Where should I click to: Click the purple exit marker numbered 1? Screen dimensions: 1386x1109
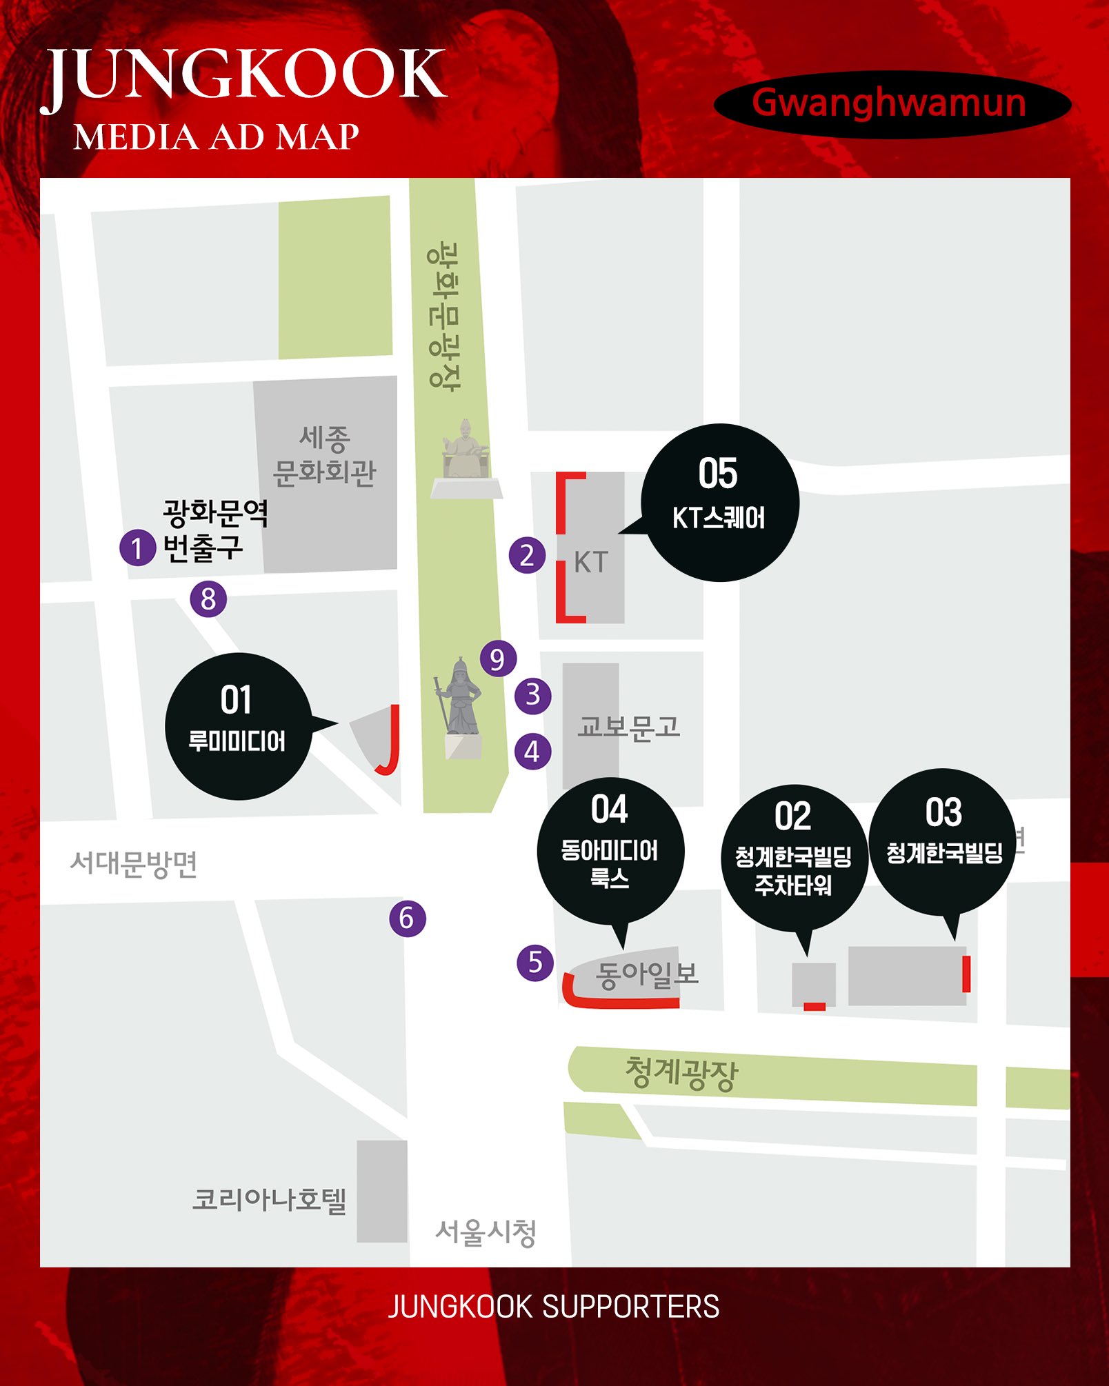pos(137,548)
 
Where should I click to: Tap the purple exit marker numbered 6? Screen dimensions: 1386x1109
pos(407,918)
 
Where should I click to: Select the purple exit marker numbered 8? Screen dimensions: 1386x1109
pos(208,599)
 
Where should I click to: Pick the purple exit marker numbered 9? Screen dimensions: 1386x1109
pos(498,659)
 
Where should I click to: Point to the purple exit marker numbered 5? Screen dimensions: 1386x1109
pos(535,963)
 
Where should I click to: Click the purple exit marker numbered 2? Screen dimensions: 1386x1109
pos(527,555)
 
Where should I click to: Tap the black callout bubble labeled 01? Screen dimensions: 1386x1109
pos(238,726)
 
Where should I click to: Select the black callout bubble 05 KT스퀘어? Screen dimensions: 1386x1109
pos(720,503)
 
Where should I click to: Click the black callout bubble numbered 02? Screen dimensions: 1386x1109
pos(793,855)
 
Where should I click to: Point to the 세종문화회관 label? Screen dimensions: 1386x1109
pos(325,455)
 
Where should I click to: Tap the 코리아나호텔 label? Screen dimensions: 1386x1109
pos(270,1200)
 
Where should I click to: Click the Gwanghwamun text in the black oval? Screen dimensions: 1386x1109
pos(890,103)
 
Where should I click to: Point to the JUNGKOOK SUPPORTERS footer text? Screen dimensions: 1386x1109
pos(554,1307)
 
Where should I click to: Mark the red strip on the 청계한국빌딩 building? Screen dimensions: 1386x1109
pos(966,974)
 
